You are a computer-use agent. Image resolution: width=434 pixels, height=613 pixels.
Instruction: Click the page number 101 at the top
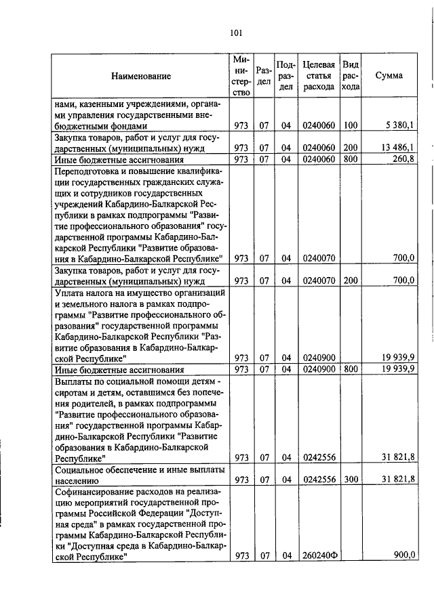pyautogui.click(x=235, y=33)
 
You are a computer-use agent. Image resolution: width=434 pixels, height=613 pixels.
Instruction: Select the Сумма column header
pyautogui.click(x=389, y=76)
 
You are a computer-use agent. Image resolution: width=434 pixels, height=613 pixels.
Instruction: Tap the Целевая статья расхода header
pyautogui.click(x=319, y=76)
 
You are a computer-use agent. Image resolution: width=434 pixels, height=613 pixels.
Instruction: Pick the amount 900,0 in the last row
pyautogui.click(x=404, y=555)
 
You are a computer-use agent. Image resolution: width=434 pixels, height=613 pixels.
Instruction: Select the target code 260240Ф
pyautogui.click(x=319, y=556)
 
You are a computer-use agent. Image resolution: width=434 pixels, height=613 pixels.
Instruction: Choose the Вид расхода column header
pyautogui.click(x=350, y=76)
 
